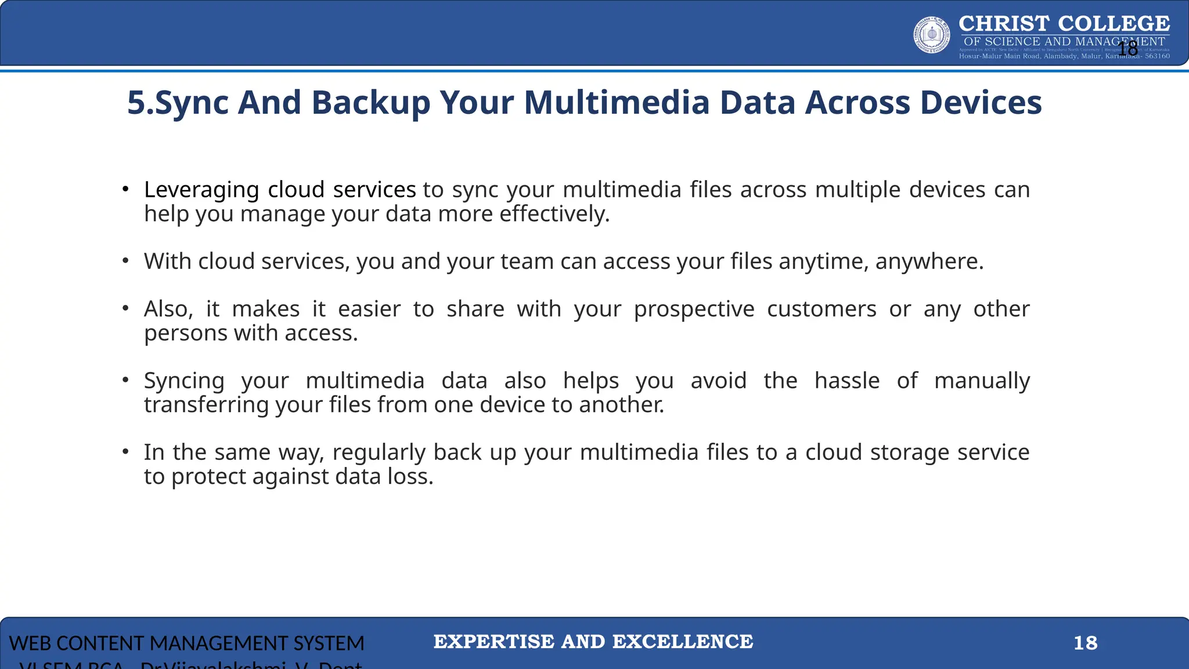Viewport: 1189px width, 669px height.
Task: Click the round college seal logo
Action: pos(932,35)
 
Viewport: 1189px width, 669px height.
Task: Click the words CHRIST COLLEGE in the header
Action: pos(1064,24)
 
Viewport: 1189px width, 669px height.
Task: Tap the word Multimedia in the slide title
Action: pos(617,103)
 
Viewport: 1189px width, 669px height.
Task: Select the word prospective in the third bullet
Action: pos(694,309)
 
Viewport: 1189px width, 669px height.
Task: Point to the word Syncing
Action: pos(184,381)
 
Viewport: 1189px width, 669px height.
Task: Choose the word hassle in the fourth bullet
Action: pos(846,381)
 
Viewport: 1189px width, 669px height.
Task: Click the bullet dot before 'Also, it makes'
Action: pos(125,308)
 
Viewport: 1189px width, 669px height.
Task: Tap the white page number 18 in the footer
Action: pos(1085,643)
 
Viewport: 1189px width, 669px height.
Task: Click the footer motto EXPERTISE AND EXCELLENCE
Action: pos(593,642)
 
